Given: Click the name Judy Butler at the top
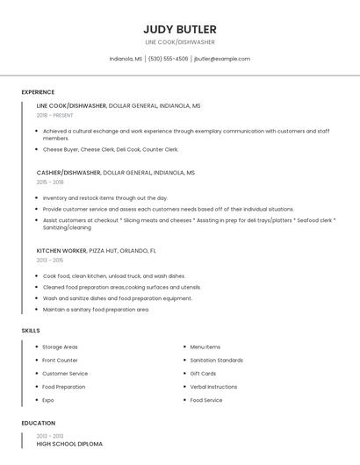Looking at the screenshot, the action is (x=179, y=29).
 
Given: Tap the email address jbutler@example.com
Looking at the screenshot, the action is (x=221, y=59).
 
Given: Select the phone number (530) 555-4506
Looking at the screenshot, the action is (x=168, y=59).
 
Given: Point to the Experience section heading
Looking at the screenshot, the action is (x=38, y=92).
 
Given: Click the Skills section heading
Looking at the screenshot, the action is (x=31, y=331).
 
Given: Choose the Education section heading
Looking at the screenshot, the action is (x=38, y=423).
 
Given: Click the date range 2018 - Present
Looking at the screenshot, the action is (x=55, y=115).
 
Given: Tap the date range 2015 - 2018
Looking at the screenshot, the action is (x=50, y=182).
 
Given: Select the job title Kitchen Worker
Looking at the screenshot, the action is (x=61, y=250).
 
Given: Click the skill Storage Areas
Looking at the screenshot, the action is (x=60, y=347).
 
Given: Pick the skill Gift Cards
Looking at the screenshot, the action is (x=203, y=373).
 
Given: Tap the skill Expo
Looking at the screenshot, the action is (x=48, y=400).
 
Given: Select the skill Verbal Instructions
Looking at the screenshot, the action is (x=213, y=387).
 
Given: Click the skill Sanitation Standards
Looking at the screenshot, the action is (x=216, y=360).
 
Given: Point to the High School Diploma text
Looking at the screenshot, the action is (x=69, y=444).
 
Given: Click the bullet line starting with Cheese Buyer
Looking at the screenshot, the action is (x=110, y=149).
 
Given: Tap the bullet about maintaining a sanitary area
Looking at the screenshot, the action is (x=96, y=310).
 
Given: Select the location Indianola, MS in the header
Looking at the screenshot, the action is (x=126, y=59).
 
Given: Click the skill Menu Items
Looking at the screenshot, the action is (x=205, y=347).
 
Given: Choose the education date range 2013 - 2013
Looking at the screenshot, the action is (x=50, y=436).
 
